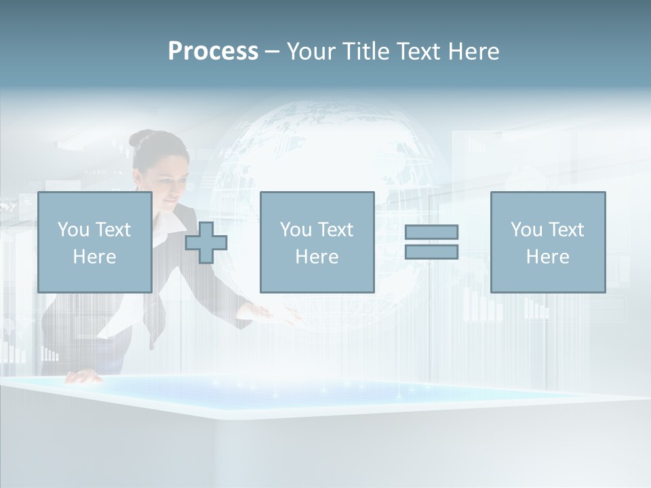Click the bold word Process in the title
click(213, 52)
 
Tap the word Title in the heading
click(366, 52)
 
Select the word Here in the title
click(473, 52)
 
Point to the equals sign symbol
click(431, 242)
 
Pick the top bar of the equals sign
click(431, 232)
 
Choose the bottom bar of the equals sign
click(431, 251)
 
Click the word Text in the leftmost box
click(114, 230)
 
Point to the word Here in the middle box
click(317, 257)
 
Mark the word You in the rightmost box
click(527, 230)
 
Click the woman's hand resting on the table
click(82, 377)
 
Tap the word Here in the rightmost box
click(548, 257)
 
